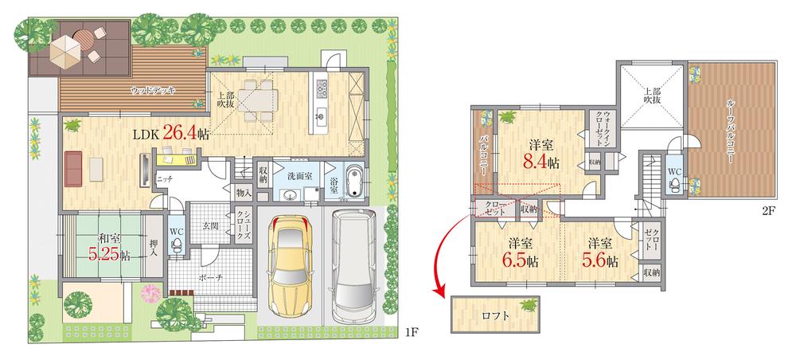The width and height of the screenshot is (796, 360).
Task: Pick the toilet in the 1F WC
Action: click(178, 244)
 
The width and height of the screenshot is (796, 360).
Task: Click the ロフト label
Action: click(495, 315)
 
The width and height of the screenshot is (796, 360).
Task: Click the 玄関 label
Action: click(209, 227)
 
